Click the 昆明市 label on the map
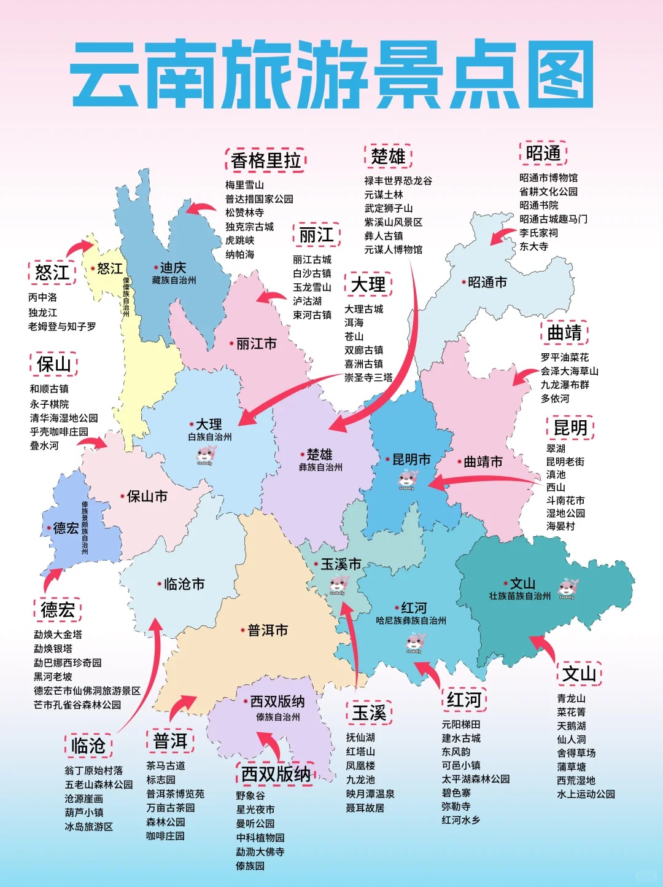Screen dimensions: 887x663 (411, 459)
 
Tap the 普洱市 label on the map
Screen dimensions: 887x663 (268, 630)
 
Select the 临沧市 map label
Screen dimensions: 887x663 (184, 584)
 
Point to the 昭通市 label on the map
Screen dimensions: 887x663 (487, 283)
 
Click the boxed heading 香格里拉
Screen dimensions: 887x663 (266, 160)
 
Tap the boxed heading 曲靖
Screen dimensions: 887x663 (564, 333)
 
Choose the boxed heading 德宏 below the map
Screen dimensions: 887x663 (58, 610)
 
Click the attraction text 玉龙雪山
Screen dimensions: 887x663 (312, 287)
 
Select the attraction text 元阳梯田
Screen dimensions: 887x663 (461, 725)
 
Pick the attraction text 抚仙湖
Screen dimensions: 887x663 (360, 737)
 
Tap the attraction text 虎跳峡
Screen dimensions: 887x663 (239, 240)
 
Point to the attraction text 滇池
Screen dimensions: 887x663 (556, 474)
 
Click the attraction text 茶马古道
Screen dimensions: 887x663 (165, 766)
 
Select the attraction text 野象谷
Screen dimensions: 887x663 (250, 795)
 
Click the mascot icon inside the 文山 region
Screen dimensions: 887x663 (567, 589)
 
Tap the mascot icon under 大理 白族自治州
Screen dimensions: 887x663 (206, 455)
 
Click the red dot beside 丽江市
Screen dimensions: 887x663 (231, 344)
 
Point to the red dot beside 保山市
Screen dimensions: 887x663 (123, 496)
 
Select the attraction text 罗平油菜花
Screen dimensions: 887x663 (564, 358)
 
